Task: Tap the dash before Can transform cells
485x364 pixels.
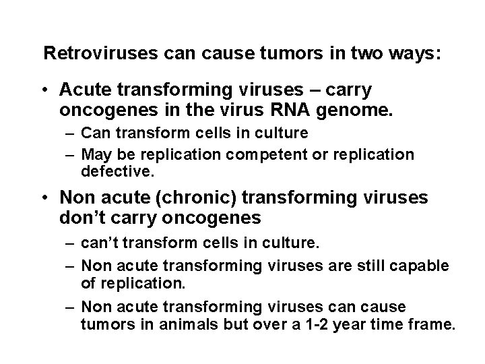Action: coord(70,132)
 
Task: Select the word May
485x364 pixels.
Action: coord(96,154)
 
